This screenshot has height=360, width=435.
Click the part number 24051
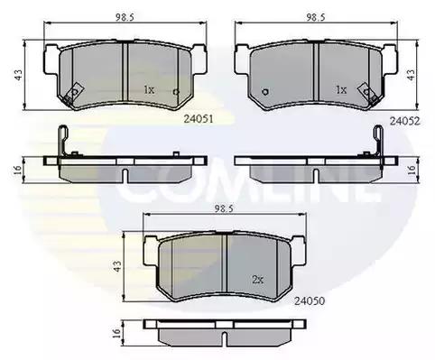pyautogui.click(x=199, y=119)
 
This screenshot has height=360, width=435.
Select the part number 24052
pyautogui.click(x=404, y=121)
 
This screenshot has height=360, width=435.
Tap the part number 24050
pyautogui.click(x=310, y=300)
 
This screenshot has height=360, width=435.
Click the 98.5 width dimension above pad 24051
pyautogui.click(x=125, y=17)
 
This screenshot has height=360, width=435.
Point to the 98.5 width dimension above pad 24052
pyautogui.click(x=316, y=17)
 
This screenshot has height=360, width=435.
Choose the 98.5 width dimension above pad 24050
pyautogui.click(x=224, y=209)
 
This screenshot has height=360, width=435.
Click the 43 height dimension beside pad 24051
pyautogui.click(x=19, y=75)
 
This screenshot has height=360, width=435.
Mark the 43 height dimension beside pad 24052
pyautogui.click(x=411, y=75)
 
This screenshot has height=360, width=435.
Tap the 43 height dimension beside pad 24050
pyautogui.click(x=117, y=266)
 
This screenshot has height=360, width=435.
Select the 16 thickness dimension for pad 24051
pyautogui.click(x=18, y=170)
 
